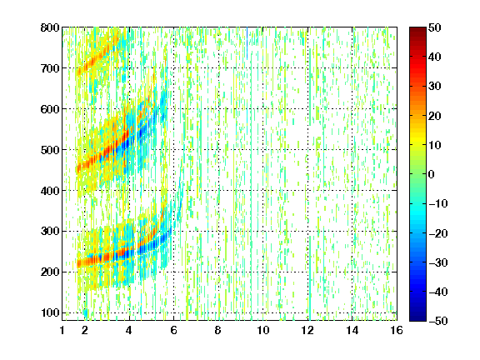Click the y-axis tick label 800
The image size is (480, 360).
50,27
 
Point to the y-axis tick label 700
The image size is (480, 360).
50,68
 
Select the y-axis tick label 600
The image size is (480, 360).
50,109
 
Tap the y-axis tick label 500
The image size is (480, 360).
50,150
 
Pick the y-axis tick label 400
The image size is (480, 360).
50,191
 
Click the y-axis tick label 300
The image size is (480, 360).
50,232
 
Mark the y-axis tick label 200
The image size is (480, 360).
50,272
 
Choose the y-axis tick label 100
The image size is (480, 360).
50,312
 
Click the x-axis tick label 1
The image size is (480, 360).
62,330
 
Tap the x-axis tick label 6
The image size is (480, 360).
173,330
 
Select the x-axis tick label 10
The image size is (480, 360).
263,330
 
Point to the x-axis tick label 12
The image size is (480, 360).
307,330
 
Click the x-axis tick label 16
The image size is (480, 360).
397,330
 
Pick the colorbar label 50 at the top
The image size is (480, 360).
435,27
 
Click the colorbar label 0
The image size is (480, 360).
432,174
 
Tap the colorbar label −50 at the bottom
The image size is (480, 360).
438,321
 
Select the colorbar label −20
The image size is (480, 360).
438,233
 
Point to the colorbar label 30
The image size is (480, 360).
435,87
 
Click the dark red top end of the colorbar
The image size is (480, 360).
417,29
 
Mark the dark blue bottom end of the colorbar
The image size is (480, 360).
417,319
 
